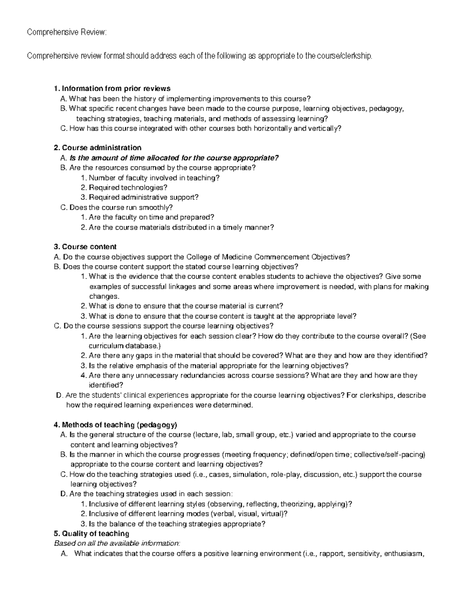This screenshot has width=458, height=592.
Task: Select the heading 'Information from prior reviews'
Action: (x=112, y=89)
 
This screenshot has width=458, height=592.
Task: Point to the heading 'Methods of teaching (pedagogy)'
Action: (x=116, y=425)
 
